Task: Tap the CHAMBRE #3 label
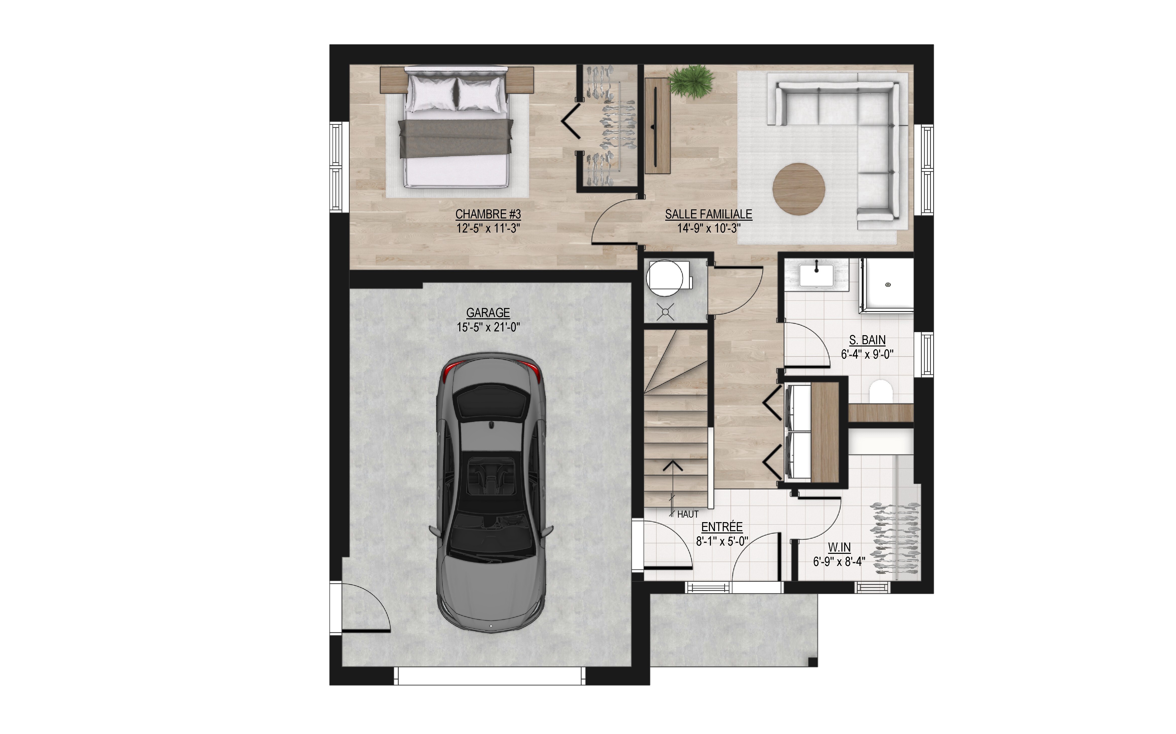point(488,214)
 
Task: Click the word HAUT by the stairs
point(688,514)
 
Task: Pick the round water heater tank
point(664,278)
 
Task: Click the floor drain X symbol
point(665,312)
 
